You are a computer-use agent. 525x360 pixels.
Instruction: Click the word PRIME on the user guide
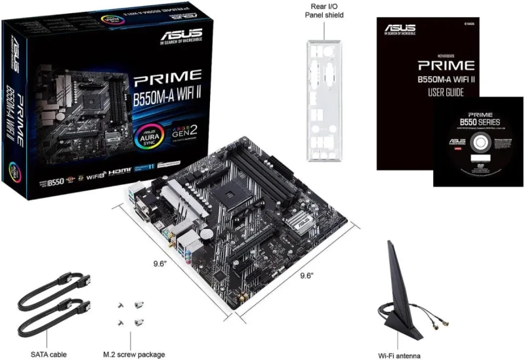pos(446,66)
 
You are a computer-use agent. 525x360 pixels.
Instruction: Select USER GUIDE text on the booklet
pos(446,92)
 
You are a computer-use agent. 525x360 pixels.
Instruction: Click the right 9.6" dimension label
pos(309,276)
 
